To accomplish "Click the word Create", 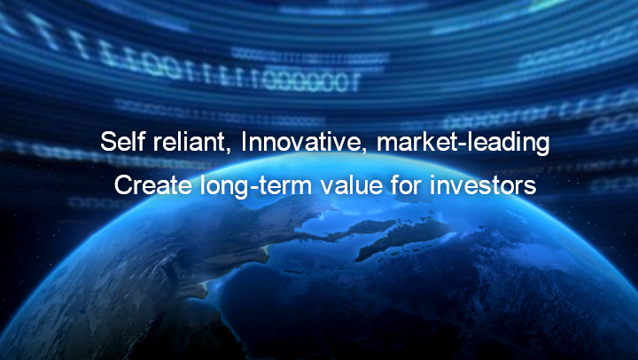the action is coord(153,185).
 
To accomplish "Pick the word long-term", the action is coord(256,186).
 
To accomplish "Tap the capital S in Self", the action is coord(109,142).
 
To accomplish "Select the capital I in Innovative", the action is coord(244,141).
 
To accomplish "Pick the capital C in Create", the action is coord(124,185).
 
